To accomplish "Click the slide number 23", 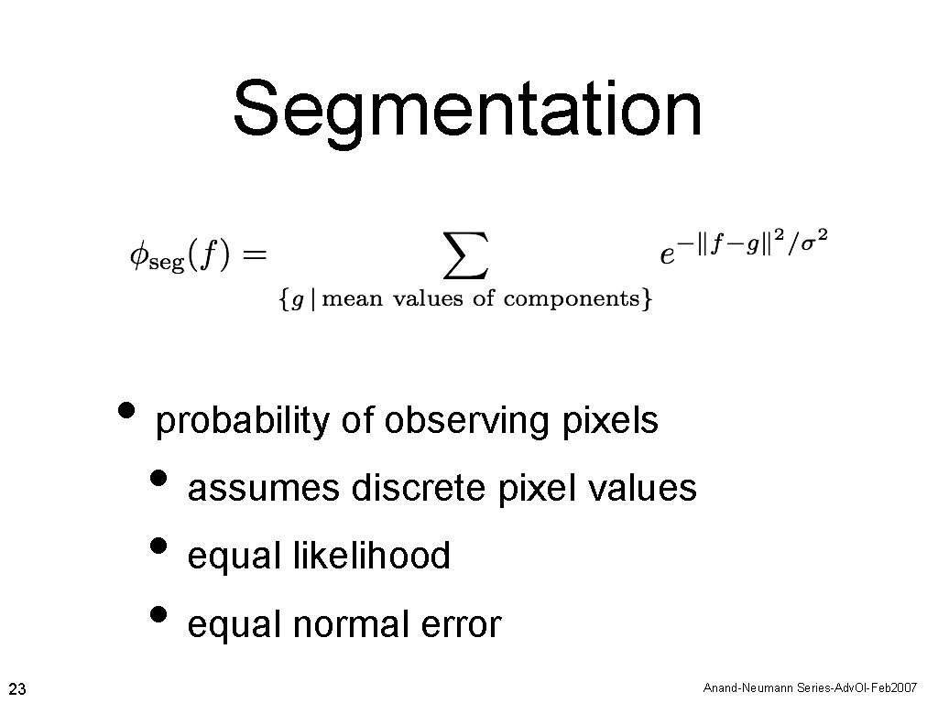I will (x=16, y=687).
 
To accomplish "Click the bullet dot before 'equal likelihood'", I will (x=159, y=546).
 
